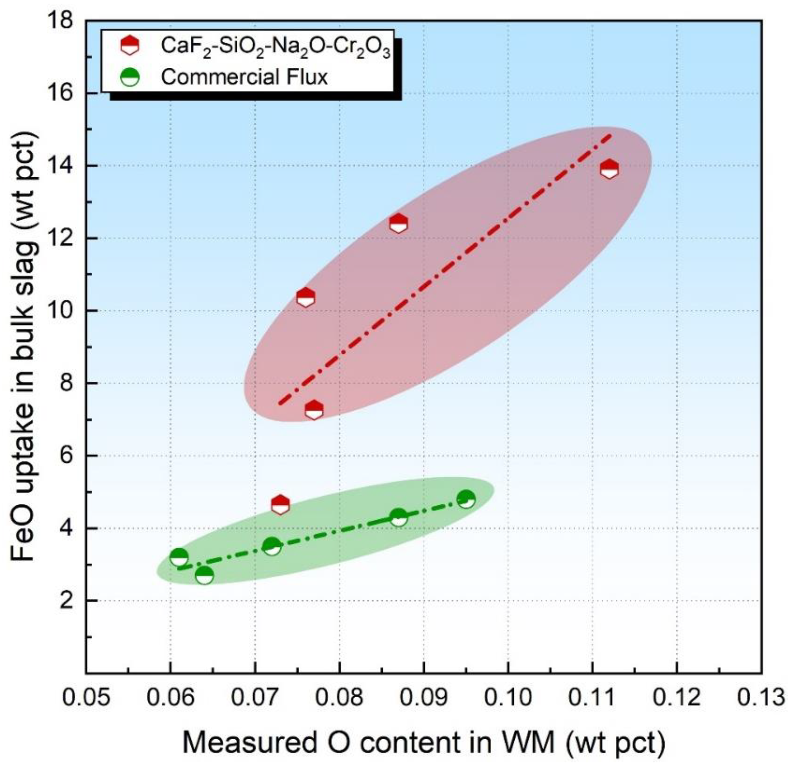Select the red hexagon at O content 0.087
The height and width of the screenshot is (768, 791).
point(398,223)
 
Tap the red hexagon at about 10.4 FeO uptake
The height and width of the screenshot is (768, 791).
point(305,297)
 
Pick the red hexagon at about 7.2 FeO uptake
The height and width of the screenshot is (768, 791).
point(314,410)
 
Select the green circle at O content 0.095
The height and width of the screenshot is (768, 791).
point(466,500)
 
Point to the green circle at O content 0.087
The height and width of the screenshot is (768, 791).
point(399,518)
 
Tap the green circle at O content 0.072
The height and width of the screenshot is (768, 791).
point(272,547)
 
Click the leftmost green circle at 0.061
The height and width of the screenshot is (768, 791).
point(179,558)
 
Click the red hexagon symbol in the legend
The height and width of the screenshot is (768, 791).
point(130,45)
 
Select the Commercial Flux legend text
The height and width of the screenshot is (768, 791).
point(245,77)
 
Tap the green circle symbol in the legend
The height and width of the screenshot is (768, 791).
point(130,77)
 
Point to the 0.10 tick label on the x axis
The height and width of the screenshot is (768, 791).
point(508,697)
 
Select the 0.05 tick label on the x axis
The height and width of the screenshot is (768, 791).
point(86,697)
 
